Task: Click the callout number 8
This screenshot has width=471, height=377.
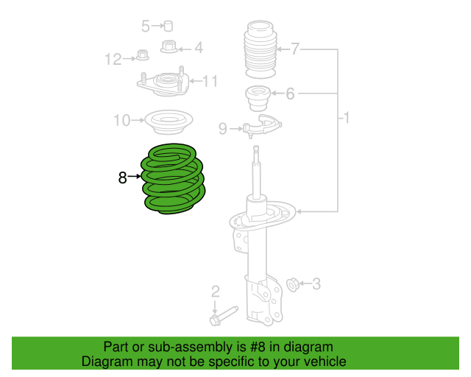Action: click(122, 177)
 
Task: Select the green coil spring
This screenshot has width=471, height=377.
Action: click(174, 180)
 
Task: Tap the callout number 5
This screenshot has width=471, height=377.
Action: click(146, 27)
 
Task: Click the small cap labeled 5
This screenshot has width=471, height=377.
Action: click(169, 27)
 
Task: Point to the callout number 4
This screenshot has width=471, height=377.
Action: click(198, 49)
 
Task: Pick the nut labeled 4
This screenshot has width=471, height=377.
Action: click(169, 48)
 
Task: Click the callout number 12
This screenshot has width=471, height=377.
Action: click(113, 59)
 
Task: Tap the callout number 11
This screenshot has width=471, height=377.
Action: click(210, 81)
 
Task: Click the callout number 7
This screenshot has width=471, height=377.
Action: click(295, 49)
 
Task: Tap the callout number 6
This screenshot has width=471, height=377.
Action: click(290, 94)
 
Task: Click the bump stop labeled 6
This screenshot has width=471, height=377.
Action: click(258, 96)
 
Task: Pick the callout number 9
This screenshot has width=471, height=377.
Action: click(223, 129)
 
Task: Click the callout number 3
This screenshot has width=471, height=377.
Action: click(316, 283)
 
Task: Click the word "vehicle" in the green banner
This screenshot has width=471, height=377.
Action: click(323, 362)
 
